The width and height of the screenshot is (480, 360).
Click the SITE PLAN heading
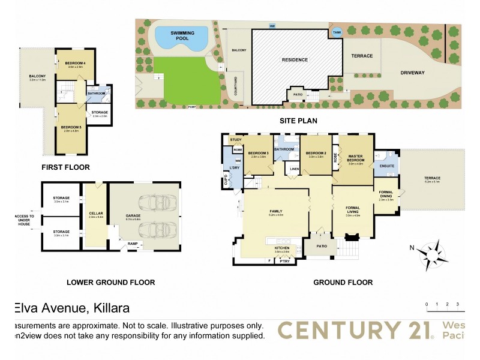point(298,121)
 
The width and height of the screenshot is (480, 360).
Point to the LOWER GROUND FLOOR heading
point(111,282)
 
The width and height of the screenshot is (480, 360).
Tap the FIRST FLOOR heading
point(66,167)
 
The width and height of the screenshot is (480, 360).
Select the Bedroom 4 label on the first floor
point(76,64)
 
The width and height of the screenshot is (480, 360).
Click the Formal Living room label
point(356,209)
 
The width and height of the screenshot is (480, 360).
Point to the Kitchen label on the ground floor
point(282,248)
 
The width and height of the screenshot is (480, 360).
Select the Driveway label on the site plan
point(412,73)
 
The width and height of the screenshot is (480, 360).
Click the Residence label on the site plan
point(295,59)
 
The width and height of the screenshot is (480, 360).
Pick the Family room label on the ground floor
point(276,212)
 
